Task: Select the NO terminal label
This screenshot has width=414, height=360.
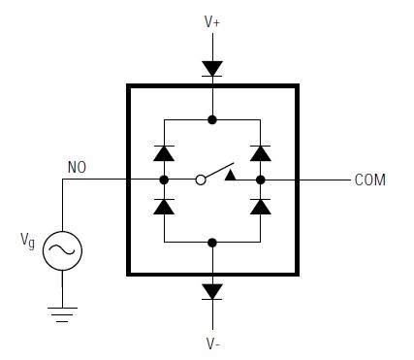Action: coord(79,166)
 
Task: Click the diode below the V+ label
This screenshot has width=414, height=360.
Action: coord(211,68)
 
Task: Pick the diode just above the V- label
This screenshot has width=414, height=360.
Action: coord(211,291)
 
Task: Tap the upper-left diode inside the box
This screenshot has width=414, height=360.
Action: coord(164,152)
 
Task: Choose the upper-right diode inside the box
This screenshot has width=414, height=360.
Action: coord(260,152)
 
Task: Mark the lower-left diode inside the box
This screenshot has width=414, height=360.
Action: coord(164,206)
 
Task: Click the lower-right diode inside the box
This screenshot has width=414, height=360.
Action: coord(260,206)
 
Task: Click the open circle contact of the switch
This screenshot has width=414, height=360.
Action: coord(200,180)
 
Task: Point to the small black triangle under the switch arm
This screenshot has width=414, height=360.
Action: coord(230,175)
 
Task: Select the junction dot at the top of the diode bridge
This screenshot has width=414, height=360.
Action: coord(211,120)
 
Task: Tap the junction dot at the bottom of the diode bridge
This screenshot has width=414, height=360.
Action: coord(211,242)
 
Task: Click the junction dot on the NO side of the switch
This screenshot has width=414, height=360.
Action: coord(164,180)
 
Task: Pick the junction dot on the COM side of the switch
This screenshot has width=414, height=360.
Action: coord(260,180)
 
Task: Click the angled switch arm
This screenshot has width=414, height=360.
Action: coord(219,170)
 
